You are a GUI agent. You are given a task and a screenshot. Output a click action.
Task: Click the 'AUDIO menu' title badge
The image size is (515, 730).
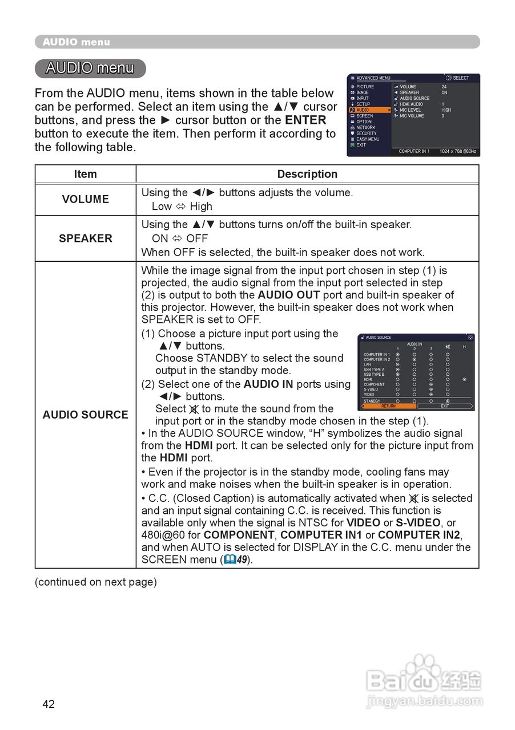90,68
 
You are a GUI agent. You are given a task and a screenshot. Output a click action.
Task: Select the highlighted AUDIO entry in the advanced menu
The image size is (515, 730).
363,110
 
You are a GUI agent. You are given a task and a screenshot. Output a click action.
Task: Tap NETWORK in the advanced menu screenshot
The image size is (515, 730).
365,127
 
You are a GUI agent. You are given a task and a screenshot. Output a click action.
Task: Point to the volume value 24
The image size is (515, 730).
444,87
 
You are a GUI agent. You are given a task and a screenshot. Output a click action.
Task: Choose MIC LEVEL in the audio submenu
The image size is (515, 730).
410,110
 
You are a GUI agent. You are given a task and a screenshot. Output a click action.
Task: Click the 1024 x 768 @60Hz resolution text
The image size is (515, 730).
458,152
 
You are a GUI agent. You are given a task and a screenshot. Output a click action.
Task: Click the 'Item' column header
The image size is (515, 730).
85,175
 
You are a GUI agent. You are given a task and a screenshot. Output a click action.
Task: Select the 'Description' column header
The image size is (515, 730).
307,175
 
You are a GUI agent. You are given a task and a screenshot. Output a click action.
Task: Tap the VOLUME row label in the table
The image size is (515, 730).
85,200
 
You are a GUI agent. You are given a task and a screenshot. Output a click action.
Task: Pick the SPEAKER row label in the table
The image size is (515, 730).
85,238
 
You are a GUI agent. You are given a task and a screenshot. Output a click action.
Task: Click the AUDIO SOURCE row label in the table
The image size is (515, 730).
85,415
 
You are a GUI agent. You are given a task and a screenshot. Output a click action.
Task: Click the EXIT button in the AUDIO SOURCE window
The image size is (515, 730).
445,406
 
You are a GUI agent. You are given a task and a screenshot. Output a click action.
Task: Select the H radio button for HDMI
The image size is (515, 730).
464,379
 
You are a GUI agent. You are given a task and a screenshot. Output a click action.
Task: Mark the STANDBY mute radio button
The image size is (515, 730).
448,401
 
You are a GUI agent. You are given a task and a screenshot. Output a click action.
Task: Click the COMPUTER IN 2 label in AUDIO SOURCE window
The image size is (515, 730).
377,359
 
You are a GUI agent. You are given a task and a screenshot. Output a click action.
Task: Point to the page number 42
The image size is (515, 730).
49,704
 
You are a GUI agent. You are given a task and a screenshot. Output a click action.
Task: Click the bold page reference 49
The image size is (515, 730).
242,560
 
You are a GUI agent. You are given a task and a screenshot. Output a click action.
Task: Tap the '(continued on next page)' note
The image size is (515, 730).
95,582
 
